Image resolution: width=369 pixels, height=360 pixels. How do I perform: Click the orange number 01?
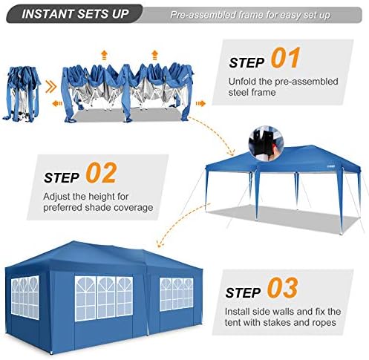tap(285, 58)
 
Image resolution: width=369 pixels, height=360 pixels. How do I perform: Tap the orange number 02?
tap(101, 173)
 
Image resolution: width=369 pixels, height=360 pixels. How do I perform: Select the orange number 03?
tap(282, 288)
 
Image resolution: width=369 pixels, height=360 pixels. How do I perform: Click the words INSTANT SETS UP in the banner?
tap(75, 14)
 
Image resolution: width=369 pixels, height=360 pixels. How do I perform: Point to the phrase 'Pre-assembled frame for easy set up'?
tap(250, 15)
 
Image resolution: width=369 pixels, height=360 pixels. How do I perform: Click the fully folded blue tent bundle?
tap(22, 94)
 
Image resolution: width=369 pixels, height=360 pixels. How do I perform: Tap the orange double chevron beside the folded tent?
tap(50, 88)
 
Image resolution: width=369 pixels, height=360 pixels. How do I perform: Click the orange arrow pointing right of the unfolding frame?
tap(200, 103)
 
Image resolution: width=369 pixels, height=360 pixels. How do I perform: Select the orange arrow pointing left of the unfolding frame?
tap(57, 103)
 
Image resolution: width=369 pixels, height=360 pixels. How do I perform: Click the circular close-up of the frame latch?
tap(266, 143)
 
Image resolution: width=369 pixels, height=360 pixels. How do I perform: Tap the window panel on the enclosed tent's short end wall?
tap(25, 297)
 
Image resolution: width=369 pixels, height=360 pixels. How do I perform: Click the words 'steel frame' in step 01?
tap(252, 92)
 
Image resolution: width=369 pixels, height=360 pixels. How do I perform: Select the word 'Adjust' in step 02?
tap(56, 197)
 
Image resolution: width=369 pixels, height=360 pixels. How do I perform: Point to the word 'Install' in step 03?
tap(238, 312)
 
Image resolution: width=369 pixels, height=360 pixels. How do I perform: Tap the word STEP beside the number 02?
tap(62, 177)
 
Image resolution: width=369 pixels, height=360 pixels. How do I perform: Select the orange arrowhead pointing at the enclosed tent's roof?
tap(160, 244)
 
